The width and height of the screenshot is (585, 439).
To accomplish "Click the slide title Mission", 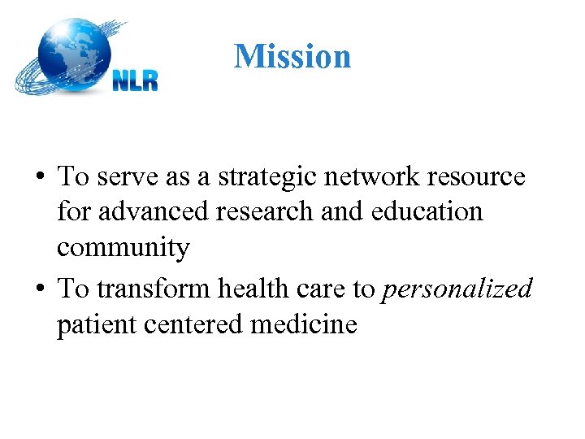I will (x=292, y=56).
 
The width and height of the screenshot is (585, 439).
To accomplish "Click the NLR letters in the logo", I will (x=135, y=80).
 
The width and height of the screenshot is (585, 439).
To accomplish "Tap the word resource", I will (x=481, y=176).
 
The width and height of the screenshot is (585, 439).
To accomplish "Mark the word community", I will (x=123, y=248).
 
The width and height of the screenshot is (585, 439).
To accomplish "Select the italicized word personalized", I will (x=457, y=289).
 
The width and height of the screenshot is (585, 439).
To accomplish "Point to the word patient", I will (x=97, y=324).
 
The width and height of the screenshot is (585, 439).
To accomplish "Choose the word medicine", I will (x=305, y=324).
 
